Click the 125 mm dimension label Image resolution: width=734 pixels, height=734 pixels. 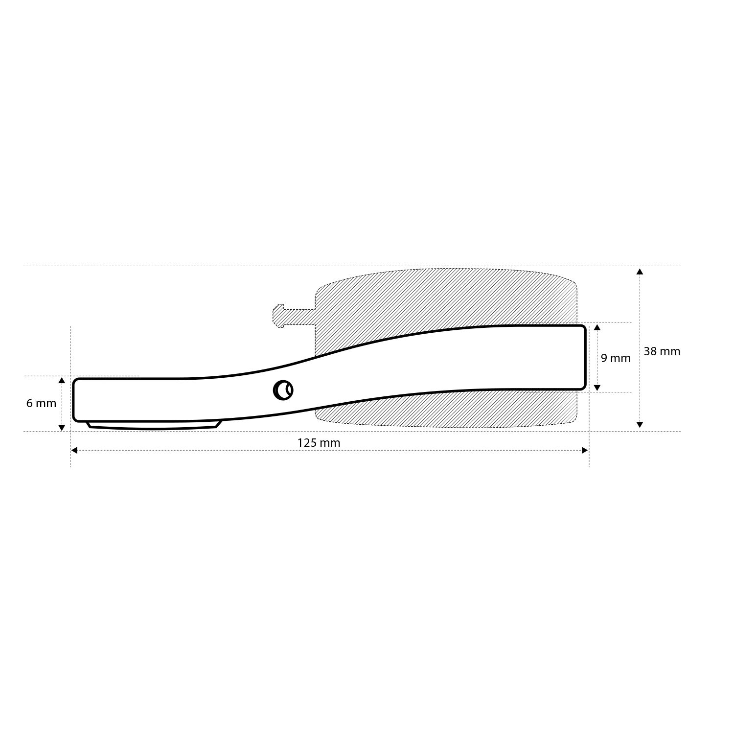319,443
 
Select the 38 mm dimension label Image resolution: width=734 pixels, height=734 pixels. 662,351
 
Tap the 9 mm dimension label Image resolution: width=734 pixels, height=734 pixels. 616,358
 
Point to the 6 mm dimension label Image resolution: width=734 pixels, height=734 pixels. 41,403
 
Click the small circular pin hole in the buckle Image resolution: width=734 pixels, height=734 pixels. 283,390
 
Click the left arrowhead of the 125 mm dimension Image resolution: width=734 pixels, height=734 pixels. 74,450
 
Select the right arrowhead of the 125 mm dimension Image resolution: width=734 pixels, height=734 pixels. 585,450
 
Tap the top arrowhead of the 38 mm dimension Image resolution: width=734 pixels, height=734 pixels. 640,272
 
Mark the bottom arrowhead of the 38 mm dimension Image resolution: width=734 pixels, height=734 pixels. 640,425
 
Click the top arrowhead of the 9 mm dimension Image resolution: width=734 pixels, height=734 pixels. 597,327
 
